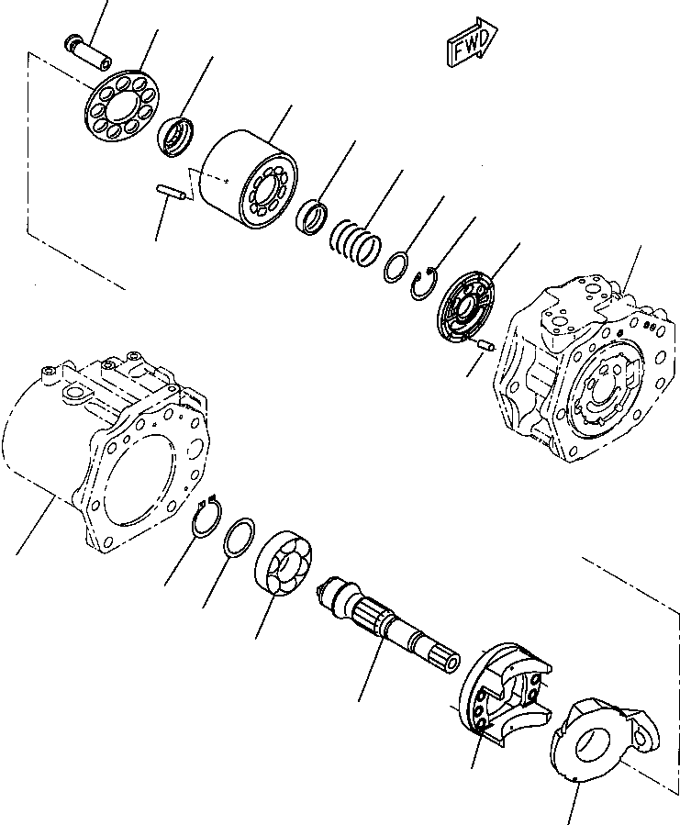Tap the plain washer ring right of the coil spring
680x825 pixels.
point(396,267)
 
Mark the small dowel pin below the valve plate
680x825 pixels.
point(483,346)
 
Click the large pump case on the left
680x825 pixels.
point(110,450)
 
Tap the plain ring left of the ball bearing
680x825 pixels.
point(241,538)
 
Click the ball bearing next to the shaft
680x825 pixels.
point(286,563)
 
